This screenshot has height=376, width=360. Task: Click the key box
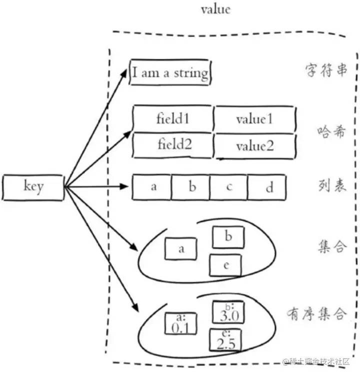click(33, 187)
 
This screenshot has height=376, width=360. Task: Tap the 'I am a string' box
click(170, 74)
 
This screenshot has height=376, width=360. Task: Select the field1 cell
click(173, 118)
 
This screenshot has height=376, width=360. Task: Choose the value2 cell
click(254, 146)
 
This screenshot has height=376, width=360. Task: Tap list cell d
click(269, 187)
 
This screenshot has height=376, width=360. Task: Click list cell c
click(229, 187)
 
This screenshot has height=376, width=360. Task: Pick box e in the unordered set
click(226, 265)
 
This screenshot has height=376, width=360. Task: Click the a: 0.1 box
click(179, 324)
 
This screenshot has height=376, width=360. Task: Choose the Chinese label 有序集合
click(317, 314)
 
